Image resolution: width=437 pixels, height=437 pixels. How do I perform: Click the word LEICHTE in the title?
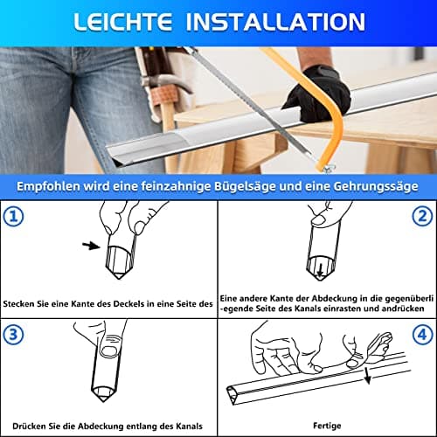point(122,22)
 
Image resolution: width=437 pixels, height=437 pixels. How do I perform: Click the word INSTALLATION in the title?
point(275,22)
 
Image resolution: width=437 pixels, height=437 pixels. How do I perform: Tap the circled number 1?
point(13,216)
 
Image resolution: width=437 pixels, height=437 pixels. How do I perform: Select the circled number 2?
point(422,216)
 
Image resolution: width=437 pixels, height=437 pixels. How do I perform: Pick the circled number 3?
point(13,334)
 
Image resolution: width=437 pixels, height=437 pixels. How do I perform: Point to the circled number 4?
point(422,334)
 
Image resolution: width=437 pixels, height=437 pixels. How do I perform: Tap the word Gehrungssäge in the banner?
point(376,186)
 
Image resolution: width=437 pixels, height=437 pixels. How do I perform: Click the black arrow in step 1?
point(91,246)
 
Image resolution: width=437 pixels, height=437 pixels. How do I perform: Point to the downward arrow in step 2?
point(320,270)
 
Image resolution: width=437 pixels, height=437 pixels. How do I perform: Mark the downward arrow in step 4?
point(367,376)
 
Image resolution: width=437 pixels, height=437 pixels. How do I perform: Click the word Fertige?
point(327,426)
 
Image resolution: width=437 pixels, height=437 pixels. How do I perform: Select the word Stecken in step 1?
point(18,304)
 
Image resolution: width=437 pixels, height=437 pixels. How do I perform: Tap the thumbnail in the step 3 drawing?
point(108,351)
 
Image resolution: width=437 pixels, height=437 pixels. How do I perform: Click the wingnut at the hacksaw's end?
point(328,168)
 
